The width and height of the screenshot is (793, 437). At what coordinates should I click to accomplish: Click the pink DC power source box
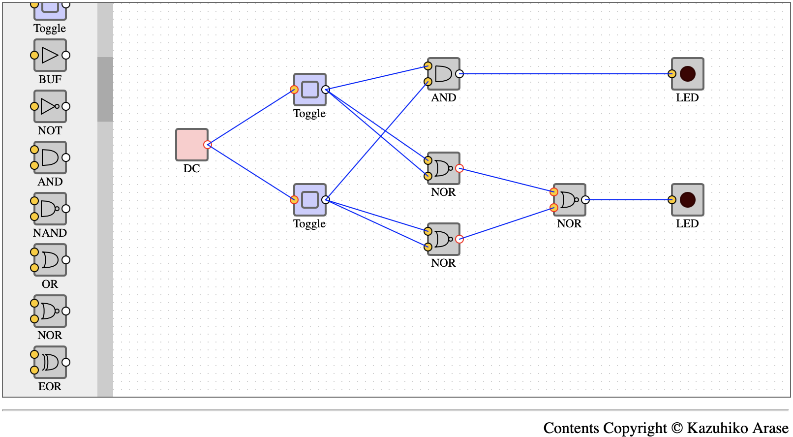191,145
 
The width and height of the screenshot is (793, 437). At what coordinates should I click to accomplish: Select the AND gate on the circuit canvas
443,74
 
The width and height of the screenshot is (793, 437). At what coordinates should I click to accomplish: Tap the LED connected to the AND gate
688,74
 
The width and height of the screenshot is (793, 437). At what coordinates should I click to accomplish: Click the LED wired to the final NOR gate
688,200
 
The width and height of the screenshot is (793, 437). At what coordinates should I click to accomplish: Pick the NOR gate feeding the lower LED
569,200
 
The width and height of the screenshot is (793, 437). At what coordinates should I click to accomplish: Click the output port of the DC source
208,145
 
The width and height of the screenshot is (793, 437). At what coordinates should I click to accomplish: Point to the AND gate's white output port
459,74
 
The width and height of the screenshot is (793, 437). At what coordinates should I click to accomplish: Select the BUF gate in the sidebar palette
50,55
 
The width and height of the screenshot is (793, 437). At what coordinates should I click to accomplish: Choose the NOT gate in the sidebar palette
50,106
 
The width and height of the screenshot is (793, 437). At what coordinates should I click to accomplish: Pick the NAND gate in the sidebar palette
50,209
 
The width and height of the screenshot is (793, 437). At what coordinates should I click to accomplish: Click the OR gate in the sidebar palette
50,260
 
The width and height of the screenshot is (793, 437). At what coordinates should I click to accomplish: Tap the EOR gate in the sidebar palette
50,362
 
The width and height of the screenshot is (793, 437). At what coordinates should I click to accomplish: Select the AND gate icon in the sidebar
50,157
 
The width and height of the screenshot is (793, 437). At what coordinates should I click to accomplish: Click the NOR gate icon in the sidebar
50,311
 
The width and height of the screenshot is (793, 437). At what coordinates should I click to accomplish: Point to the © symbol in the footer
677,428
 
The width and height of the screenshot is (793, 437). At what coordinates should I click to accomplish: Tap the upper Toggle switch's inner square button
310,90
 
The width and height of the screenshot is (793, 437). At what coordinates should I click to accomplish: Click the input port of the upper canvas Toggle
294,90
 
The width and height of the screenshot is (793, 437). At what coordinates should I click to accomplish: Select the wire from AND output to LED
565,74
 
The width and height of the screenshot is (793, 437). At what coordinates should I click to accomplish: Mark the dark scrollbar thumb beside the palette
105,89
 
